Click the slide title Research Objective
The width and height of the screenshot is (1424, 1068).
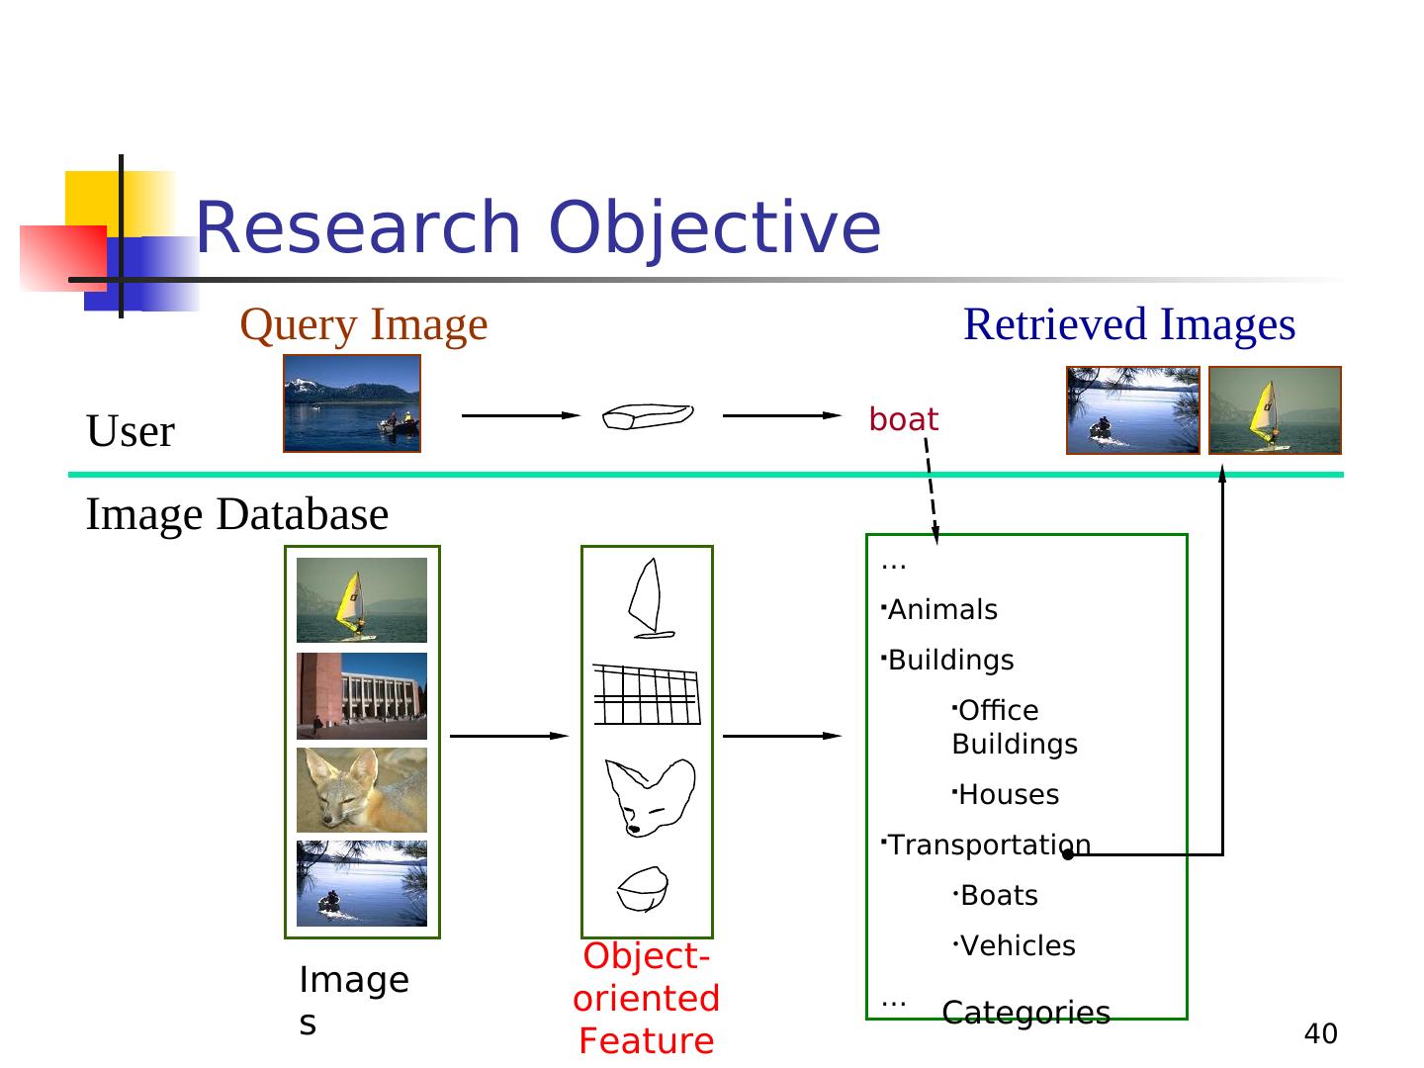tap(537, 228)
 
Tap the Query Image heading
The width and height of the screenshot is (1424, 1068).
tap(363, 325)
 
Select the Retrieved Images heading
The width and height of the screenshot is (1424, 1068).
tap(1129, 325)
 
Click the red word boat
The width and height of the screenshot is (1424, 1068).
tap(903, 419)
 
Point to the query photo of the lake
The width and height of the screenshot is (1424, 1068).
tap(352, 403)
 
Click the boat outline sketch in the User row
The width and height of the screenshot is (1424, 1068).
tap(648, 416)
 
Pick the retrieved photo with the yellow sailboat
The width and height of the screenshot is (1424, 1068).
tap(1275, 409)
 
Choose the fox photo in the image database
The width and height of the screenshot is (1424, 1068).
tap(361, 790)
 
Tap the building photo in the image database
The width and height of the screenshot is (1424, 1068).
tap(361, 696)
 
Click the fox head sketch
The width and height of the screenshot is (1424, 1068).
tap(650, 798)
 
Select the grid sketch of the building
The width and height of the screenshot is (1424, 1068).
tap(647, 694)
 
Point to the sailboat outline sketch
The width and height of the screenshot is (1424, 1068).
tap(650, 598)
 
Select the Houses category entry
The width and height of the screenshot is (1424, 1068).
tap(1008, 794)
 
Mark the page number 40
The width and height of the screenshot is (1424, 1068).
tap(1320, 1034)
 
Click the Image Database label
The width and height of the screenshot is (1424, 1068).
tap(237, 515)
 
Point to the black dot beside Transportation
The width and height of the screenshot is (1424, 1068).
tap(1068, 855)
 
